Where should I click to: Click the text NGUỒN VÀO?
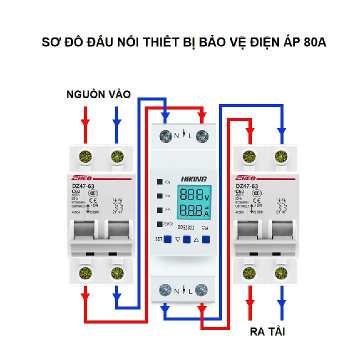[98, 94]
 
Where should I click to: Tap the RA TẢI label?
[267, 331]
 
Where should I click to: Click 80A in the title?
[314, 42]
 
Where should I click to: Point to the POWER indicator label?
[166, 224]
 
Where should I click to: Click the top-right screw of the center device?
[202, 135]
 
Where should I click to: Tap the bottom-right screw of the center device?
[202, 289]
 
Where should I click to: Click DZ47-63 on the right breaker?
[246, 186]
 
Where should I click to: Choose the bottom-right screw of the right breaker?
[281, 273]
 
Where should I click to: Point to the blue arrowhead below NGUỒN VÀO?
[117, 122]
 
